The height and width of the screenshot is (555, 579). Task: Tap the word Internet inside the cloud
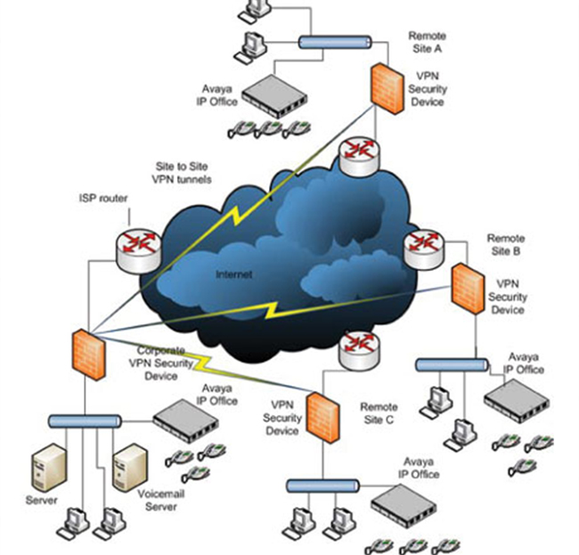point(234,274)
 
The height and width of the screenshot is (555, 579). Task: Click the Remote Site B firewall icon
point(465,291)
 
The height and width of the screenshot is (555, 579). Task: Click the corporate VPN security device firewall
point(86,354)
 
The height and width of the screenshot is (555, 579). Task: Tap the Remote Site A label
point(427,41)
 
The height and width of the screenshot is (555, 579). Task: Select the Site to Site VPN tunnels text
point(183,173)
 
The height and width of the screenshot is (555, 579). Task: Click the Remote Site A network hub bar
point(334,41)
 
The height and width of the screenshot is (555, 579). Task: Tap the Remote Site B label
point(505,245)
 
